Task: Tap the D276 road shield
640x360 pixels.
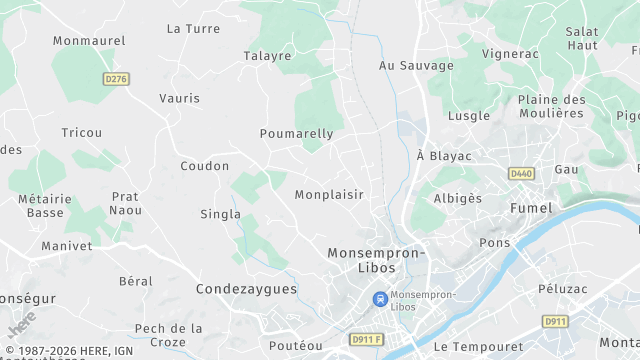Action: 117,77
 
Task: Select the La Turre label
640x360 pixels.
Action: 193,29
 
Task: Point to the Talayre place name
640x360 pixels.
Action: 267,56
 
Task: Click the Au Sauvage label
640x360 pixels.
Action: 416,65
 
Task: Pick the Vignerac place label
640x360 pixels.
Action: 510,53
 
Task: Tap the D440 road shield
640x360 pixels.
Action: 521,173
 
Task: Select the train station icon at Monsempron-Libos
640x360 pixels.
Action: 380,298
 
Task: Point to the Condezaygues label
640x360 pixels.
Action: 246,289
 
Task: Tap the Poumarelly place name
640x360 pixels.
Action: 296,133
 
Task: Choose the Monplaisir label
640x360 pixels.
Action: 329,194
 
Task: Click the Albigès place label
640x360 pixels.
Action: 457,198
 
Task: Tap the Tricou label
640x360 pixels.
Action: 81,133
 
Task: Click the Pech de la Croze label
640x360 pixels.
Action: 168,334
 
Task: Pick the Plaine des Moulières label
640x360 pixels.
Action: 551,106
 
